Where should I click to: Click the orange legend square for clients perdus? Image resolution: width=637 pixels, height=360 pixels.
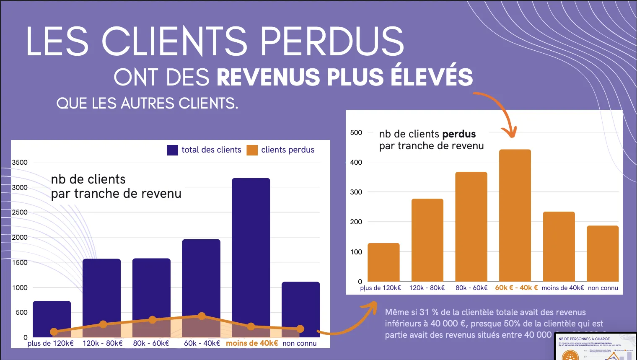pyautogui.click(x=252, y=150)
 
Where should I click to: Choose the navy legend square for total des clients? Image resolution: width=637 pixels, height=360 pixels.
pyautogui.click(x=172, y=150)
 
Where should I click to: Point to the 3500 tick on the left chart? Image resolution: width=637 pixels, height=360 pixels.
pyautogui.click(x=20, y=163)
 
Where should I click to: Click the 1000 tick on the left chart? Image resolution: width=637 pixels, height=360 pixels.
pyautogui.click(x=20, y=287)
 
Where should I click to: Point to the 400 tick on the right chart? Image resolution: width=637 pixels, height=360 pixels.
pyautogui.click(x=356, y=162)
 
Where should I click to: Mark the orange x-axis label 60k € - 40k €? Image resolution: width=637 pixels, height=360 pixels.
pyautogui.click(x=516, y=288)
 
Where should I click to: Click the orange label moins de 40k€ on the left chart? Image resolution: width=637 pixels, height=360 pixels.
pyautogui.click(x=252, y=343)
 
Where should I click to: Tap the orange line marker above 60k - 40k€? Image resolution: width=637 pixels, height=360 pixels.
pyautogui.click(x=202, y=316)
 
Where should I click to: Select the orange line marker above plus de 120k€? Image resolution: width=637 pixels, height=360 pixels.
pyautogui.click(x=54, y=332)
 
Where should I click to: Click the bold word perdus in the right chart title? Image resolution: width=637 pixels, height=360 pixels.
pyautogui.click(x=459, y=134)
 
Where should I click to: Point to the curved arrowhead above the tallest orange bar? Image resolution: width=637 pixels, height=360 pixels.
pyautogui.click(x=511, y=133)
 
